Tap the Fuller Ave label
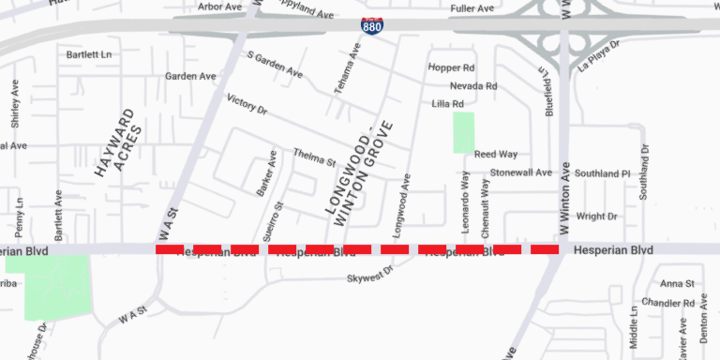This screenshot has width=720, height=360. [472, 8]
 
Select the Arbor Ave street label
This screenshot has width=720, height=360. [221, 7]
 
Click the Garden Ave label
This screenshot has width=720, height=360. [190, 76]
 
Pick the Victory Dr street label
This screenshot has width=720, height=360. [247, 104]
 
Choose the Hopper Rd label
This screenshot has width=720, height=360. [451, 68]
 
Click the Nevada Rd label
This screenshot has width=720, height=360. [473, 86]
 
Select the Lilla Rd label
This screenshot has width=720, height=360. [447, 104]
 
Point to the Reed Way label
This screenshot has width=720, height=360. [496, 154]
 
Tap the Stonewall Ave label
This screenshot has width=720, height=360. [521, 172]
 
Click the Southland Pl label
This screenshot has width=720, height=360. [603, 173]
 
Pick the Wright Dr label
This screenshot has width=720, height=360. [596, 217]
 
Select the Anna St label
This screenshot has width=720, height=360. [676, 283]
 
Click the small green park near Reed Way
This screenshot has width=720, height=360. [463, 132]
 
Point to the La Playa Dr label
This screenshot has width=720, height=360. [599, 56]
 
